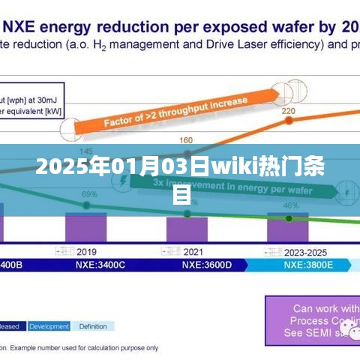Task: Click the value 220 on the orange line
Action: pyautogui.click(x=288, y=111)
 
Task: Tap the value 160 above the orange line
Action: pyautogui.click(x=186, y=139)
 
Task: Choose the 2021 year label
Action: pyautogui.click(x=193, y=251)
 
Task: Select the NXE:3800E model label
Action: pyautogui.click(x=309, y=265)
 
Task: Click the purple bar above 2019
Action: pyautogui.click(x=87, y=227)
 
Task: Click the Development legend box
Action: pyautogui.click(x=49, y=326)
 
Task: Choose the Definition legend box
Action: pyautogui.click(x=93, y=326)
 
